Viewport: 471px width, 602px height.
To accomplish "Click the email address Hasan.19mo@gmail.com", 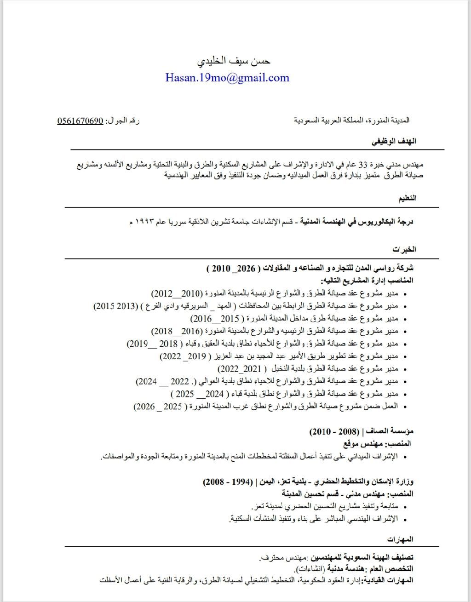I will (x=227, y=78).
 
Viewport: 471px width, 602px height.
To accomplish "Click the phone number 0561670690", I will (x=80, y=121).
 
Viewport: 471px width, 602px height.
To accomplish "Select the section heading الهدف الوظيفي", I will (x=394, y=141).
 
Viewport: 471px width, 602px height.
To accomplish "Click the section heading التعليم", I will (x=407, y=198).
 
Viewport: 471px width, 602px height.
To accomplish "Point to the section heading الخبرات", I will (x=404, y=250).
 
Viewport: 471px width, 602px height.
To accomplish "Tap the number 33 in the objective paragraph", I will (x=363, y=164).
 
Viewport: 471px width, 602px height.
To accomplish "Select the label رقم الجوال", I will (x=122, y=121).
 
